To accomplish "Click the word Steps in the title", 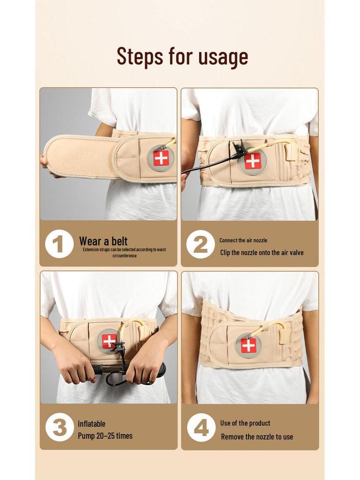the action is click(140, 57).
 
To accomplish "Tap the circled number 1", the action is click(59, 244).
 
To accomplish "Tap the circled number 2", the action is click(201, 244).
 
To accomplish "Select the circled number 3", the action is click(60, 427).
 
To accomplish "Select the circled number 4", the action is click(201, 427).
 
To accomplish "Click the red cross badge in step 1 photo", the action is click(161, 158).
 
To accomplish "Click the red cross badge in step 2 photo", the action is click(252, 161).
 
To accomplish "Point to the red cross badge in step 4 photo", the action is click(248, 345).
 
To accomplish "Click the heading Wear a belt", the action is click(103, 241).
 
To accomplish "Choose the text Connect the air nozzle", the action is click(243, 240).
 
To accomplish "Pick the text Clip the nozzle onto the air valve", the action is click(262, 253).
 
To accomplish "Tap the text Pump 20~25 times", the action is click(105, 435).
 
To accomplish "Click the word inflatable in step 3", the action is click(91, 424).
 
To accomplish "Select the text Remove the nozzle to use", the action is click(257, 436).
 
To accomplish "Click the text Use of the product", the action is click(245, 423).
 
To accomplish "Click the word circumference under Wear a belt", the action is click(124, 255).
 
